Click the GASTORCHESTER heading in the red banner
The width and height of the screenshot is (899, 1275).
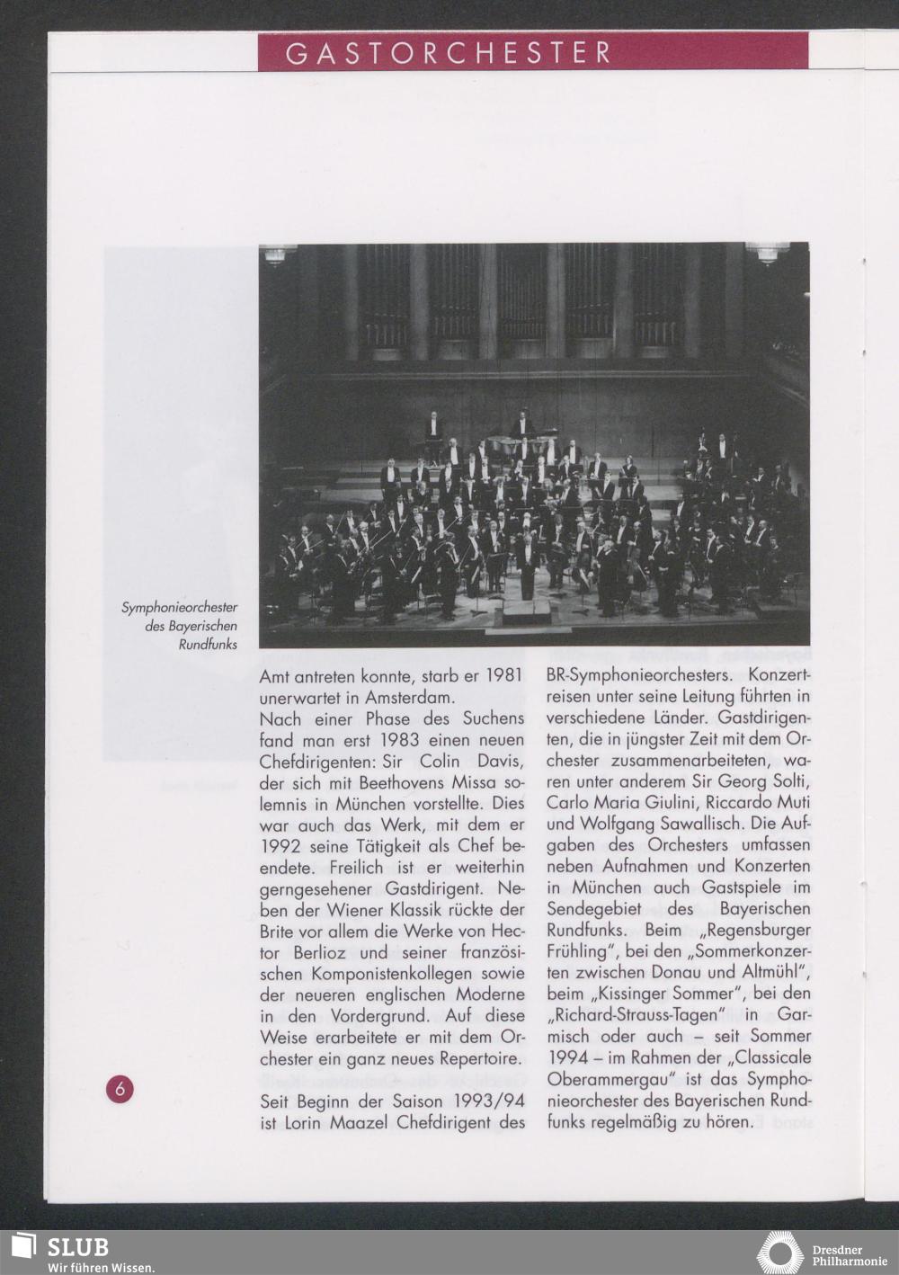pos(449,53)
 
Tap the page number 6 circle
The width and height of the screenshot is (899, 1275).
pos(120,1089)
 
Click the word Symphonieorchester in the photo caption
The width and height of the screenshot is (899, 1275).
pos(180,609)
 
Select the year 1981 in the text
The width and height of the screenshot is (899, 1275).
pos(503,675)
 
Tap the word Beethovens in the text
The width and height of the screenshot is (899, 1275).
pos(404,782)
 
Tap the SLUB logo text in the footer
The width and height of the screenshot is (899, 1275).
pos(77,1247)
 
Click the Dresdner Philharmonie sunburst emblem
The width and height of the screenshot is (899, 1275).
pos(779,1253)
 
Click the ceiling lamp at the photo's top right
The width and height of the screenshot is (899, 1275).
pos(767,253)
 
